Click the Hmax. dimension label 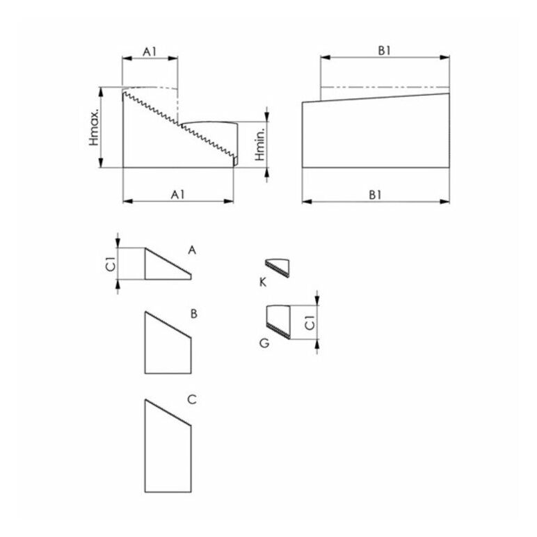pos(94,128)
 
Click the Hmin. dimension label pos(260,145)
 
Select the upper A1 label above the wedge pos(150,51)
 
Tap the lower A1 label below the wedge pos(178,195)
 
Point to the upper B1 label pos(384,51)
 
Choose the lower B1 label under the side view pos(376,195)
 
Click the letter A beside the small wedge pos(192,250)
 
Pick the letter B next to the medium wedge pos(194,314)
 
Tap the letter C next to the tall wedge pos(192,399)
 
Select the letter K pos(263,282)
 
